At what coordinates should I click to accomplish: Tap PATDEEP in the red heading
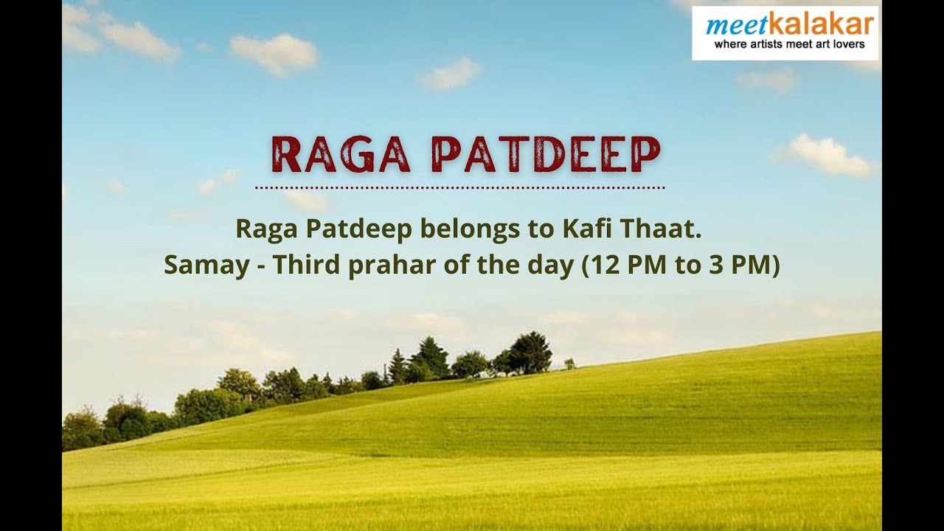click(x=546, y=154)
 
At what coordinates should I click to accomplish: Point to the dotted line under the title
click(x=460, y=188)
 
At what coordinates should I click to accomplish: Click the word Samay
click(x=206, y=265)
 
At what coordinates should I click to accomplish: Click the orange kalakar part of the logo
click(x=821, y=24)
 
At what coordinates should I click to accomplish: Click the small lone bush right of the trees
click(x=569, y=363)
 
